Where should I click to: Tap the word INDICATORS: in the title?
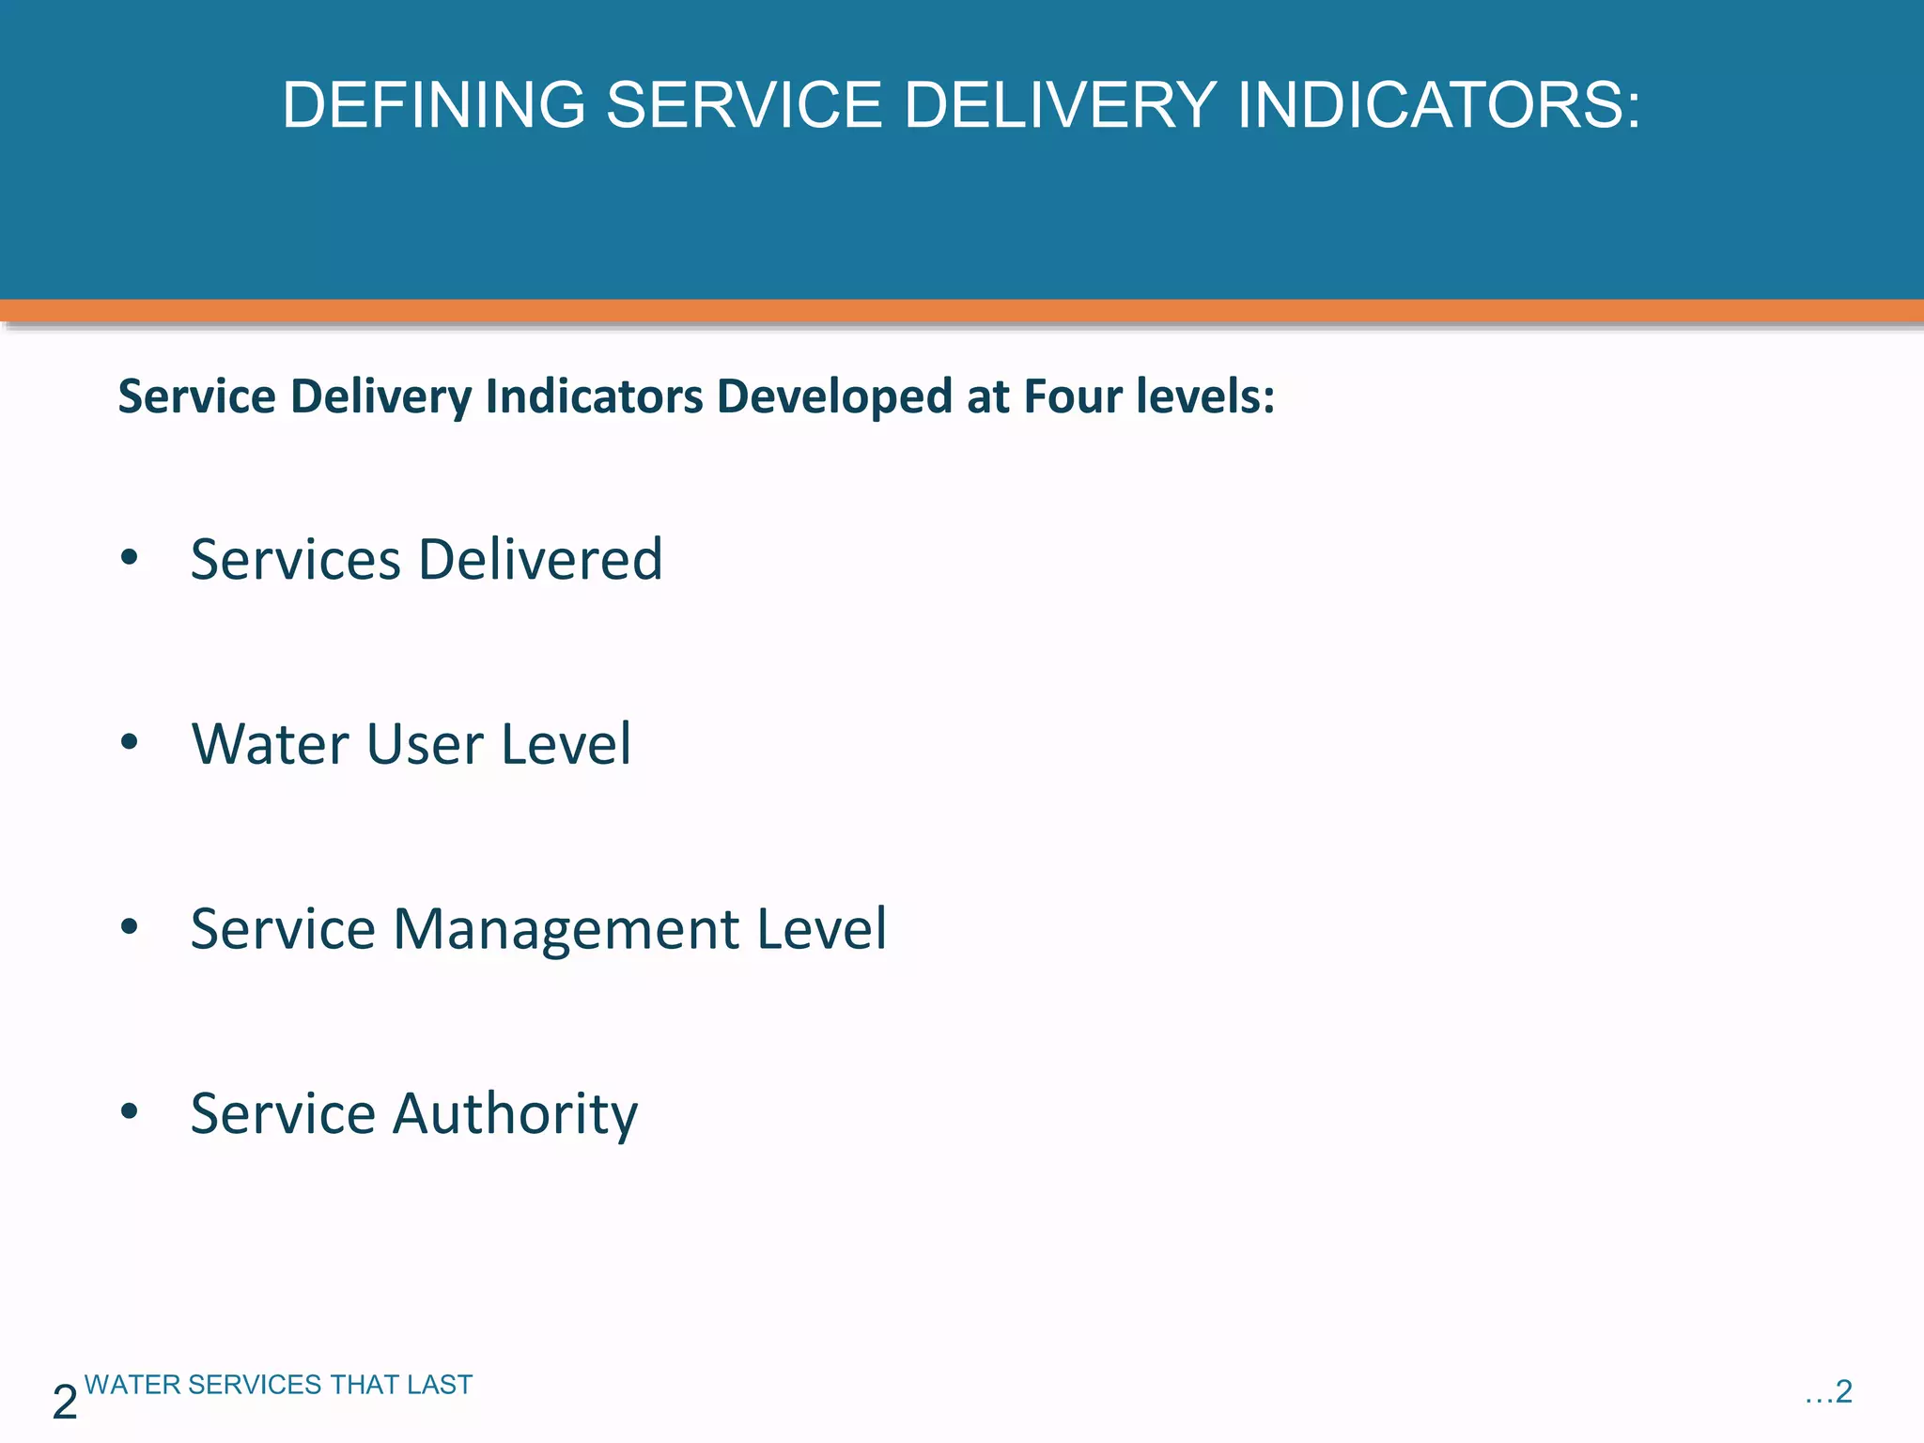(x=1438, y=104)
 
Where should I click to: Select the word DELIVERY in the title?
(x=1060, y=104)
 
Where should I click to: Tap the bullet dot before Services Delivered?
(x=130, y=557)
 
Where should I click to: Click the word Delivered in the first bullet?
(x=540, y=559)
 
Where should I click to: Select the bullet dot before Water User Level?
(x=130, y=742)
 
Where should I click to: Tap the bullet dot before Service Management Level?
(x=130, y=926)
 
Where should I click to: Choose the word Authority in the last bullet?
(x=515, y=1114)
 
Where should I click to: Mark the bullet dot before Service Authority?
(x=130, y=1111)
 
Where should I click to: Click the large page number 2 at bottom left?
(x=65, y=1403)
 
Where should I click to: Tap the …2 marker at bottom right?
(x=1828, y=1391)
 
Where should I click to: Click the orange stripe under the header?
(x=962, y=311)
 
